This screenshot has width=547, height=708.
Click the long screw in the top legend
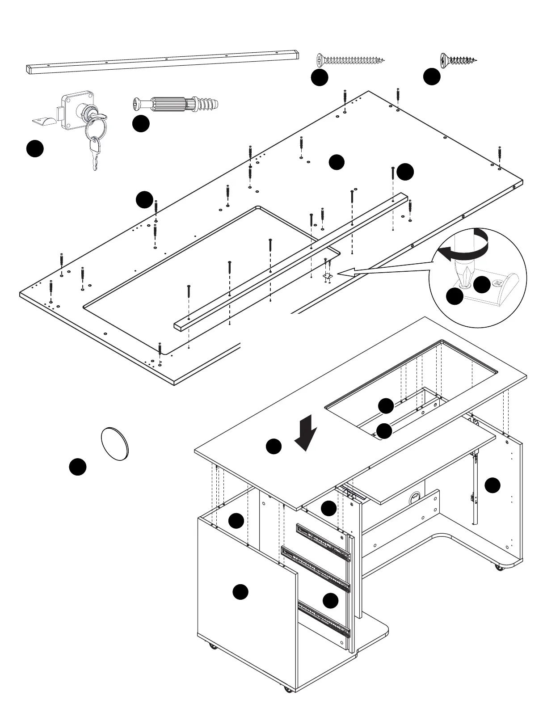point(350,60)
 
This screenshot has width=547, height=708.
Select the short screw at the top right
point(458,59)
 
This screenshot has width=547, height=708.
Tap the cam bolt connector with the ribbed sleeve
point(177,105)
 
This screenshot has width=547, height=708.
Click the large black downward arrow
point(307,433)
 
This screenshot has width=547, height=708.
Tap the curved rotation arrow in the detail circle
point(465,245)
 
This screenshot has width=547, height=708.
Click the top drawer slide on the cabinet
point(323,541)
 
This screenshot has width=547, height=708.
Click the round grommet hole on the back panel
point(415,497)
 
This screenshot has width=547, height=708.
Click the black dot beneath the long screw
point(320,77)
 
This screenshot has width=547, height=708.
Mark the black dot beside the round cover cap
point(77,467)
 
